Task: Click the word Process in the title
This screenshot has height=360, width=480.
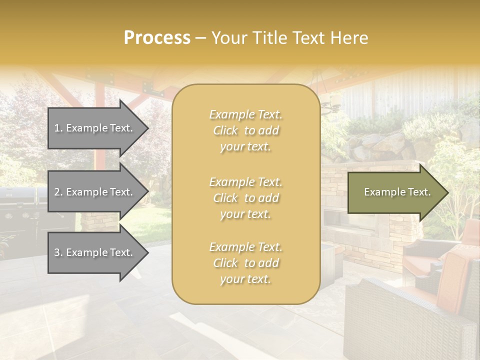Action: (157, 38)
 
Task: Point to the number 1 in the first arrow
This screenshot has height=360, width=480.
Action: (57, 128)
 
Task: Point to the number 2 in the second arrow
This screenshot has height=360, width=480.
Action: (57, 192)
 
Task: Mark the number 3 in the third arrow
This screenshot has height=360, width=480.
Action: (57, 252)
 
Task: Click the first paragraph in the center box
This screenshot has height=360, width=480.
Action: (245, 130)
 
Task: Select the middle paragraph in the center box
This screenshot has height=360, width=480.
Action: (245, 198)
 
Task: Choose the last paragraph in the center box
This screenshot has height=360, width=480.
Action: (245, 263)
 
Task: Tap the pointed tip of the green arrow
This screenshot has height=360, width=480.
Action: (446, 192)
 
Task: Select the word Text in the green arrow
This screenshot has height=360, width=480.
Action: (419, 192)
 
